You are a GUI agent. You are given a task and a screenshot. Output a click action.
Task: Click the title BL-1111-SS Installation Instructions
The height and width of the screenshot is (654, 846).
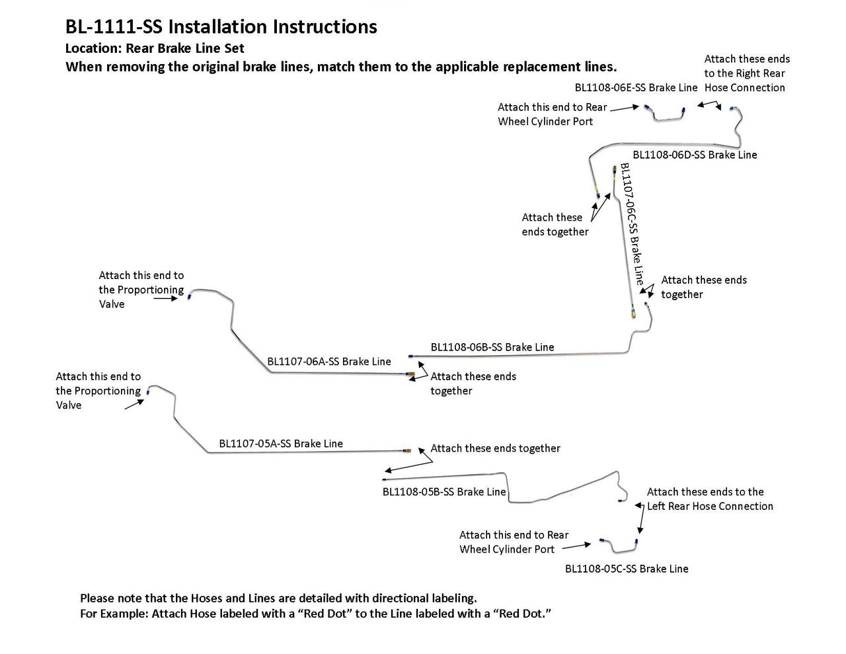pos(221,26)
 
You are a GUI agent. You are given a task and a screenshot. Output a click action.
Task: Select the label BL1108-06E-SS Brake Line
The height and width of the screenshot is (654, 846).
pos(636,87)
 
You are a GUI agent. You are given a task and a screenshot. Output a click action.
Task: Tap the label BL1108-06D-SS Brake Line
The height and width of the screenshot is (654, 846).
pos(695,155)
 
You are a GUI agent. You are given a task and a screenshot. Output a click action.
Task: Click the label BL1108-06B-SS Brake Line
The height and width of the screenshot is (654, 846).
pos(492,347)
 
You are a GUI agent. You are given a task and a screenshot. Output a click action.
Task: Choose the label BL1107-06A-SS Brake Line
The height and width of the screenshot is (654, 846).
pos(329,362)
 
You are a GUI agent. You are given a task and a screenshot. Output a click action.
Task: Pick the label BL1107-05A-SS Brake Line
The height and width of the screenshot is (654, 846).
pos(281,444)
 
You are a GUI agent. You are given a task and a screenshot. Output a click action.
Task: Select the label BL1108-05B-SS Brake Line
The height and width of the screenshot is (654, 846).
pos(444,492)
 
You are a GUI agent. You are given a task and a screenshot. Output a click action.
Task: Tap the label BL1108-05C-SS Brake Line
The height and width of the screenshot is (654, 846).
pos(627,569)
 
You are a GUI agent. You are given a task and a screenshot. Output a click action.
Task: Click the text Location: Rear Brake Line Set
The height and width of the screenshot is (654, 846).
pos(155,48)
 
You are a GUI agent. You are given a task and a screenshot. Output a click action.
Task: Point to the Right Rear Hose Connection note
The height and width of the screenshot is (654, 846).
pos(746,73)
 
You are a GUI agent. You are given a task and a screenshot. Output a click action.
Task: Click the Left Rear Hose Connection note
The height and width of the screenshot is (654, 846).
pos(709,499)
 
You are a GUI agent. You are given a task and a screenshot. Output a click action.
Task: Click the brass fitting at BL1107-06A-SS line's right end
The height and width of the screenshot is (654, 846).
pos(411,376)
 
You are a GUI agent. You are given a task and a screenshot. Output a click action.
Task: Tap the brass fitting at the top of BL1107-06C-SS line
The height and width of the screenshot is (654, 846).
pos(615,169)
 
